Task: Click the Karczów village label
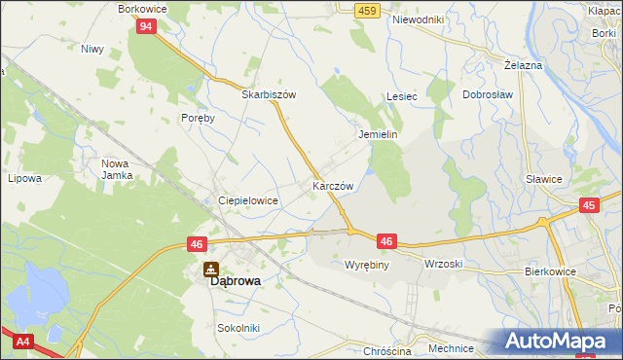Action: point(332,185)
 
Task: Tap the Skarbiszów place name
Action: point(269,95)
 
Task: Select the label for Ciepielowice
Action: point(248,200)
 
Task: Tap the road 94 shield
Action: point(145,26)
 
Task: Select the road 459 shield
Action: point(366,10)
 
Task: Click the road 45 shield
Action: point(589,205)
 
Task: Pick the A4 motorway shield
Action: point(21,341)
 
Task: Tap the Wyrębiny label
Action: point(367,265)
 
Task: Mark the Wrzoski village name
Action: point(443,265)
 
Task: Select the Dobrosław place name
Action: point(488,95)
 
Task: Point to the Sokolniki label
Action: point(238,329)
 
